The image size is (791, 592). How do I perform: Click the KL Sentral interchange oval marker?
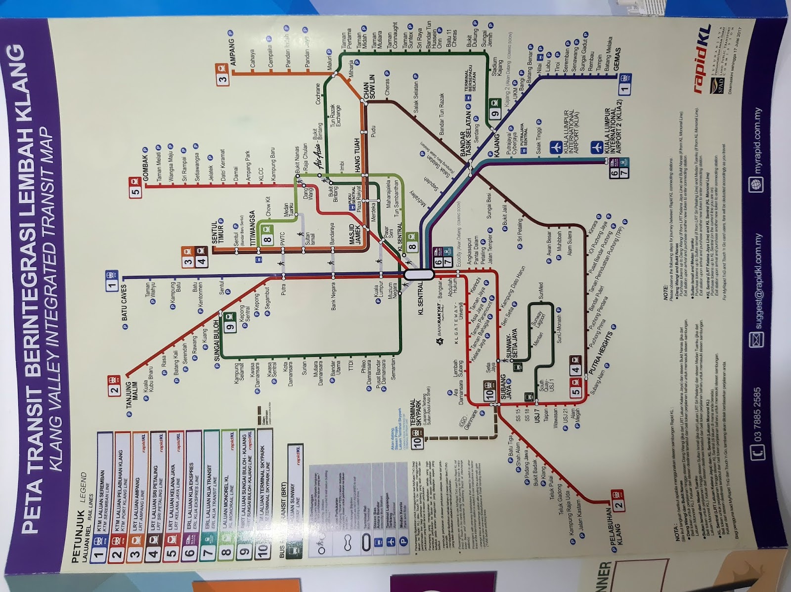tap(419, 274)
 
